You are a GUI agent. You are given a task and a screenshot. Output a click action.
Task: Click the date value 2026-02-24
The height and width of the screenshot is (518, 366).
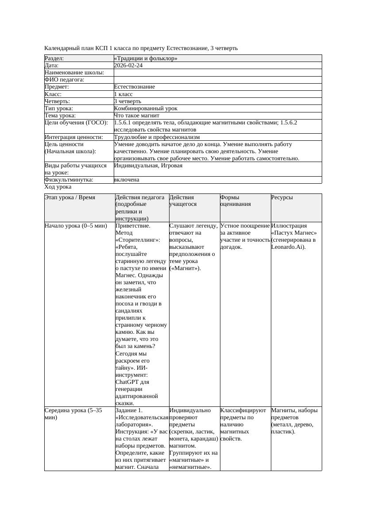[x=128, y=65]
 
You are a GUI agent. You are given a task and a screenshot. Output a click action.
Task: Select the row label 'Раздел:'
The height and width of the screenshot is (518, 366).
[x=54, y=58]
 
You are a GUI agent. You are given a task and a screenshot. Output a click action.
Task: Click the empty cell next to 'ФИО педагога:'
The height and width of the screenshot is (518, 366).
[x=217, y=80]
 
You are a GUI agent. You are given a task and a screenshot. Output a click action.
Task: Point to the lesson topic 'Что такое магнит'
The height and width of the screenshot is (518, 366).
[x=136, y=116]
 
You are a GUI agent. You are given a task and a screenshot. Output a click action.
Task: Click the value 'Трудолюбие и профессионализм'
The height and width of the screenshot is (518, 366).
[x=157, y=137]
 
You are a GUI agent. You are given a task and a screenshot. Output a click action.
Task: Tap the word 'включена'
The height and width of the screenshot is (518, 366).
[x=127, y=180]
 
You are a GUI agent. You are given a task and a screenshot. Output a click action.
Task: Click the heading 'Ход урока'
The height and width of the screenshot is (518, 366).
[x=58, y=187]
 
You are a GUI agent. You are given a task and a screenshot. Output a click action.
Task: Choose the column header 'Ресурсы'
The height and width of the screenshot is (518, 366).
[x=282, y=197]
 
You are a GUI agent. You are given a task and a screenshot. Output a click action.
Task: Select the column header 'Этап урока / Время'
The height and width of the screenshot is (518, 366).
[x=70, y=197]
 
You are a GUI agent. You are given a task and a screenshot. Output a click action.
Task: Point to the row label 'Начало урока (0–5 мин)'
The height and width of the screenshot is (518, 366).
[x=76, y=226]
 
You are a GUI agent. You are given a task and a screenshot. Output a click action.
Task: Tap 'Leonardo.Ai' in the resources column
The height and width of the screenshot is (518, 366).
[x=286, y=247]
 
